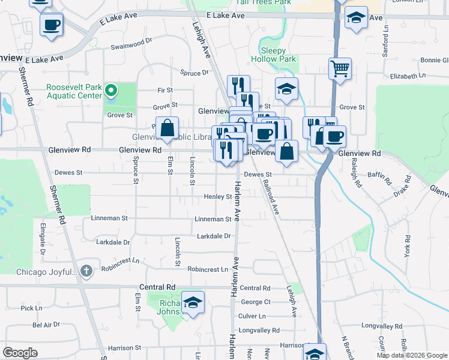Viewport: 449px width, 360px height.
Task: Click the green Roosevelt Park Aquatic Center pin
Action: click(x=111, y=91)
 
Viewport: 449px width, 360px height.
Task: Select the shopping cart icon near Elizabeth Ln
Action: click(x=340, y=68)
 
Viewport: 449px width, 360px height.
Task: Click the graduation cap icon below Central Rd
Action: click(x=193, y=302)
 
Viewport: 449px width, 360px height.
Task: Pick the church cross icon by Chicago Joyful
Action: click(x=86, y=271)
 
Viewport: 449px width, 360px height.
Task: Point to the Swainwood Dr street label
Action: click(x=131, y=45)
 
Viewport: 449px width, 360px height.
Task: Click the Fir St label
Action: click(x=165, y=90)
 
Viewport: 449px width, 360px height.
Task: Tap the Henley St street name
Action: click(x=218, y=197)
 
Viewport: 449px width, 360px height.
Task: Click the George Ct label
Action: click(x=256, y=302)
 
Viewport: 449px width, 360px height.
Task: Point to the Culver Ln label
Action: click(x=252, y=316)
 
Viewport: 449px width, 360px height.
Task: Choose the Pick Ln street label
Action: click(x=31, y=308)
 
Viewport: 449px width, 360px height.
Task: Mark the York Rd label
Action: click(x=408, y=246)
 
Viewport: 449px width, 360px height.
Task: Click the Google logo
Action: click(x=20, y=353)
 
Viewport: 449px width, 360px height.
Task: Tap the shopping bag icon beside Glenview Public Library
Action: click(x=169, y=127)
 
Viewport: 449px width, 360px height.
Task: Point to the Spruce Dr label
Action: click(x=194, y=73)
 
